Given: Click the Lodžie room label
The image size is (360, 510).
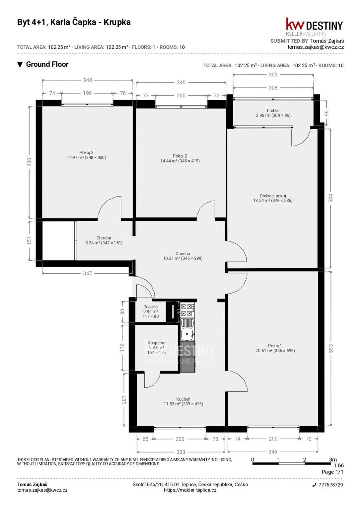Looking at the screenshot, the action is click(273, 111).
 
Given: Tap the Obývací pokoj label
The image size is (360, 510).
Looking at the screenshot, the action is click(273, 196).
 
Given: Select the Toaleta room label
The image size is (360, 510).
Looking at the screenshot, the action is click(151, 307).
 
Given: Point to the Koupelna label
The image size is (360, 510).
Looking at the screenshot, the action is click(156, 343).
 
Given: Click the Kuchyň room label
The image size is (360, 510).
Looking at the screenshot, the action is click(183, 399).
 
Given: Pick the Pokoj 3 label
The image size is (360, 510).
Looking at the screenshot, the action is click(86, 152).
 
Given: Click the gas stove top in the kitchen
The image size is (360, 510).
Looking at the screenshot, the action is click(187, 310).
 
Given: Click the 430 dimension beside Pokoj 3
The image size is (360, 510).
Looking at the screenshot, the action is click(29, 162).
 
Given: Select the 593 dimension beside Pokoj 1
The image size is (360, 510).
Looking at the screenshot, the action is click(331, 348).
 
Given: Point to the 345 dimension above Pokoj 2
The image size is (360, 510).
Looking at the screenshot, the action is click(181, 82).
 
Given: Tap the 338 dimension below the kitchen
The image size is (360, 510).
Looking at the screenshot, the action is click(181, 452).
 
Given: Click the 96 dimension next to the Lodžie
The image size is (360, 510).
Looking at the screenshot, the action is click(326, 113).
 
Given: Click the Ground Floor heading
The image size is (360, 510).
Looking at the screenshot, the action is click(47, 64).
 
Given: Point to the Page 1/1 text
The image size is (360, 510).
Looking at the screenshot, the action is click(332, 472).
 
